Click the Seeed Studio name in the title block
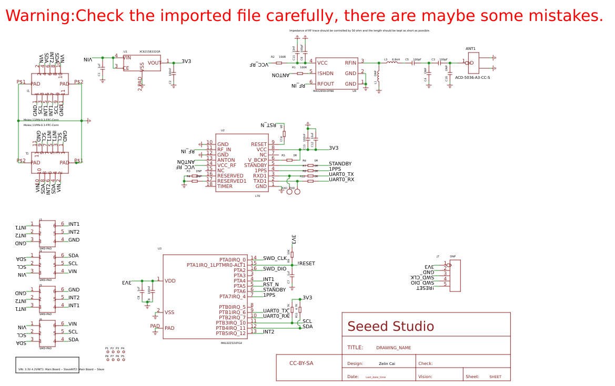[x=390, y=327]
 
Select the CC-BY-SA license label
[x=301, y=363]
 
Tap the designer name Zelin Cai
[x=387, y=363]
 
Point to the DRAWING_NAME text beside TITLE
[x=394, y=348]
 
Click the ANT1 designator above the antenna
[x=470, y=49]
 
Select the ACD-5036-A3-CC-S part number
[x=472, y=77]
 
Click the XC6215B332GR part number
[x=149, y=51]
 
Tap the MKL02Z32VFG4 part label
[x=231, y=343]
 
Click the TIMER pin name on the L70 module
[x=225, y=186]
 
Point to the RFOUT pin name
[x=326, y=84]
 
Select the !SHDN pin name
[x=325, y=74]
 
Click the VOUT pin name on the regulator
[x=155, y=63]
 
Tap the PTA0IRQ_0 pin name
[x=233, y=260]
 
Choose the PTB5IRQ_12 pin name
[x=230, y=333]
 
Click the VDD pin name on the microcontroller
[x=170, y=281]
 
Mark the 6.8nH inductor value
[x=396, y=60]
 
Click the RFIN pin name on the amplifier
[x=350, y=63]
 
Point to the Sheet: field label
[x=472, y=377]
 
